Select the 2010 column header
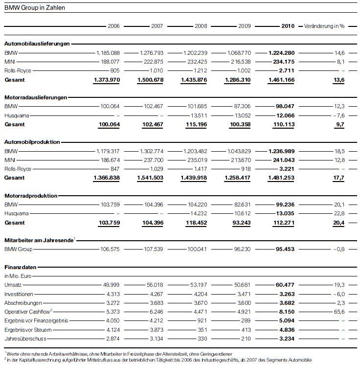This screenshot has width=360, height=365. (x=288, y=26)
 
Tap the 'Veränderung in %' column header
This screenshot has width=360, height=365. (x=324, y=26)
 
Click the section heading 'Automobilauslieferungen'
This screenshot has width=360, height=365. (x=37, y=44)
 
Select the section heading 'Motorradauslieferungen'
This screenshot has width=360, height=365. (x=36, y=97)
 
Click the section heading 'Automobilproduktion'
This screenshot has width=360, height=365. (x=32, y=142)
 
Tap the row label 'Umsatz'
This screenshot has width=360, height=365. (x=12, y=284)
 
